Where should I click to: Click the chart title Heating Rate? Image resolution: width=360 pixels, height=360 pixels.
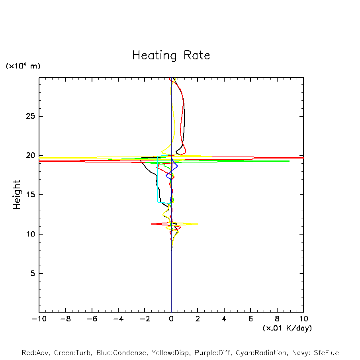tap(171, 55)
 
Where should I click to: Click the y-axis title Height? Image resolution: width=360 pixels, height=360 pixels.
tap(17, 195)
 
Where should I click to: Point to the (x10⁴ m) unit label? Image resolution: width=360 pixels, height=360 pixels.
tap(23, 66)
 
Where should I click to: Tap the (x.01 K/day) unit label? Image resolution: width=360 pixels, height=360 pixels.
tap(287, 328)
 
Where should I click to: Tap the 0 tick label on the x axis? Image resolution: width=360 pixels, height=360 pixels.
tap(171, 319)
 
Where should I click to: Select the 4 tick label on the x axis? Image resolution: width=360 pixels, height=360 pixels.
tap(224, 319)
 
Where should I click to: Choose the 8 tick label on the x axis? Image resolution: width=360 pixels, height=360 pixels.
tap(277, 319)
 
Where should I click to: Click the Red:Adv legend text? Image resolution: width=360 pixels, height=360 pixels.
tap(35, 353)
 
